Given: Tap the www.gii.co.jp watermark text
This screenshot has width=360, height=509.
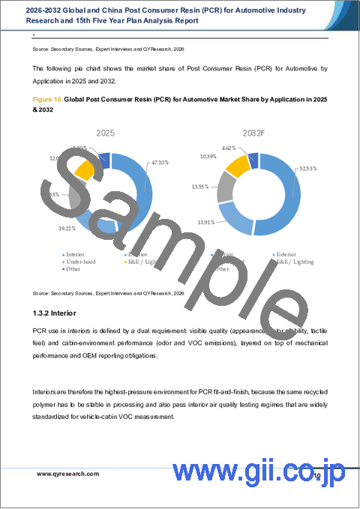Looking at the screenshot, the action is [259, 473].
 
